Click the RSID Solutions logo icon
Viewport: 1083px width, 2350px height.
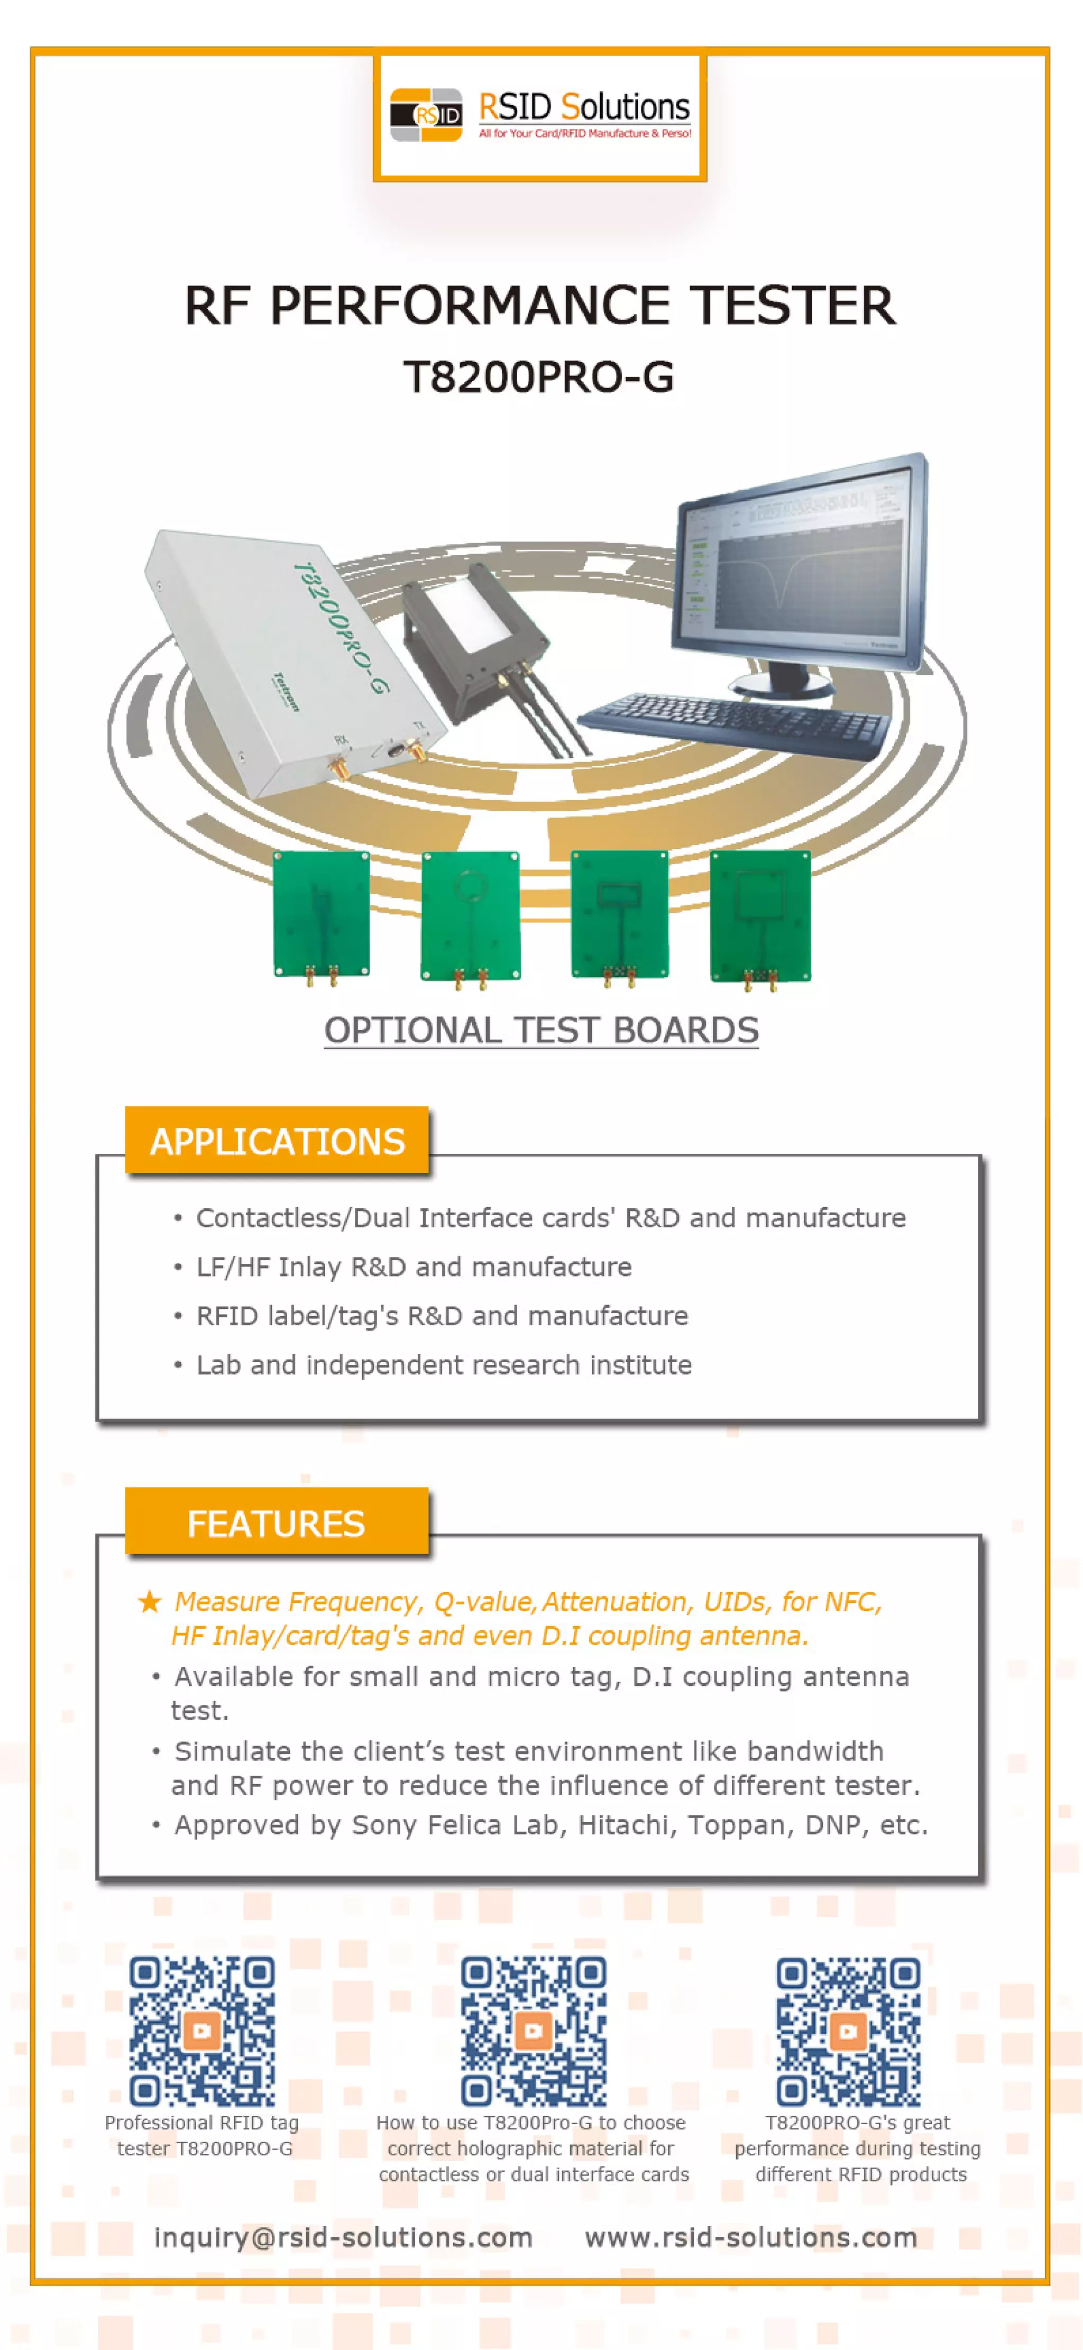(x=425, y=115)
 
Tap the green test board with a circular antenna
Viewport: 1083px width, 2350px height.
(x=470, y=914)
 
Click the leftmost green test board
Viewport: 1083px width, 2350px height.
(x=321, y=914)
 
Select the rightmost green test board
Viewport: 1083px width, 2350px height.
(x=760, y=914)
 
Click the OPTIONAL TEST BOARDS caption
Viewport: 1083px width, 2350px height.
(x=541, y=1030)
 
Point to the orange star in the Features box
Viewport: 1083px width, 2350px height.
(x=150, y=1602)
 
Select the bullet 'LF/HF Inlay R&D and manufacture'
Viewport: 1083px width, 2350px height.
(x=414, y=1266)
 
